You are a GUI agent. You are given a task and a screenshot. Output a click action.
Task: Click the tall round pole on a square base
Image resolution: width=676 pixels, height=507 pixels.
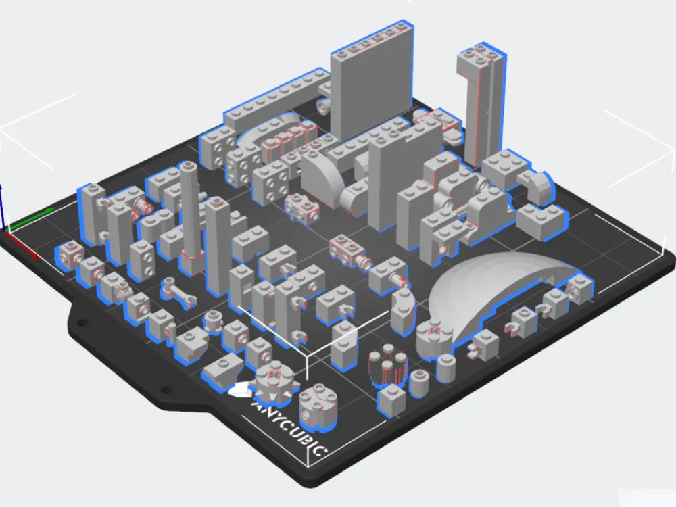(x=190, y=216)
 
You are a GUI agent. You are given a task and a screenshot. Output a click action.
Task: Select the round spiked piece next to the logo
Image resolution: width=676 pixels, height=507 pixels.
(x=274, y=384)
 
